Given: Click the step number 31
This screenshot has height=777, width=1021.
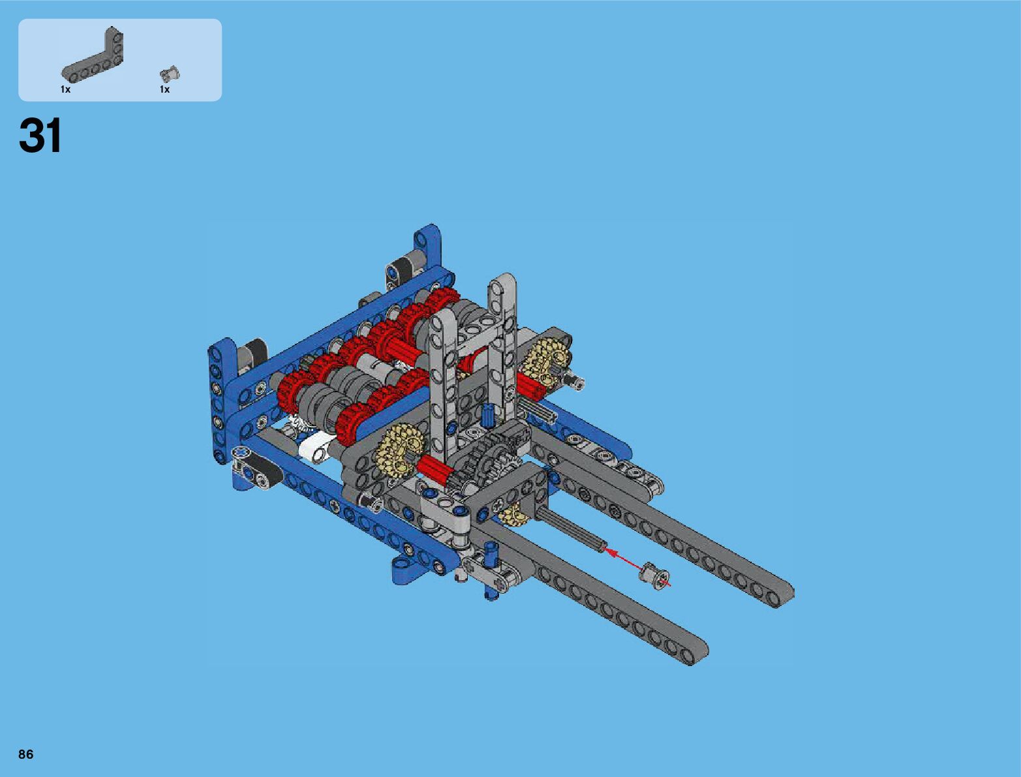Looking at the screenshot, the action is tap(40, 135).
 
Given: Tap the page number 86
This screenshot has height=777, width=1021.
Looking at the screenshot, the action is tap(26, 754).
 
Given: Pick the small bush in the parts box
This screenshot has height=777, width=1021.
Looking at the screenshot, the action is tap(170, 74).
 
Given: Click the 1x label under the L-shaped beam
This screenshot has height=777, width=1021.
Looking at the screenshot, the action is tap(66, 89).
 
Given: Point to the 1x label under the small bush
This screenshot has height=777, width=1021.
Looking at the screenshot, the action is tap(164, 89).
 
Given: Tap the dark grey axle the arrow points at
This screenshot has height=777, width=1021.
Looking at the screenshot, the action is tap(571, 527).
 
